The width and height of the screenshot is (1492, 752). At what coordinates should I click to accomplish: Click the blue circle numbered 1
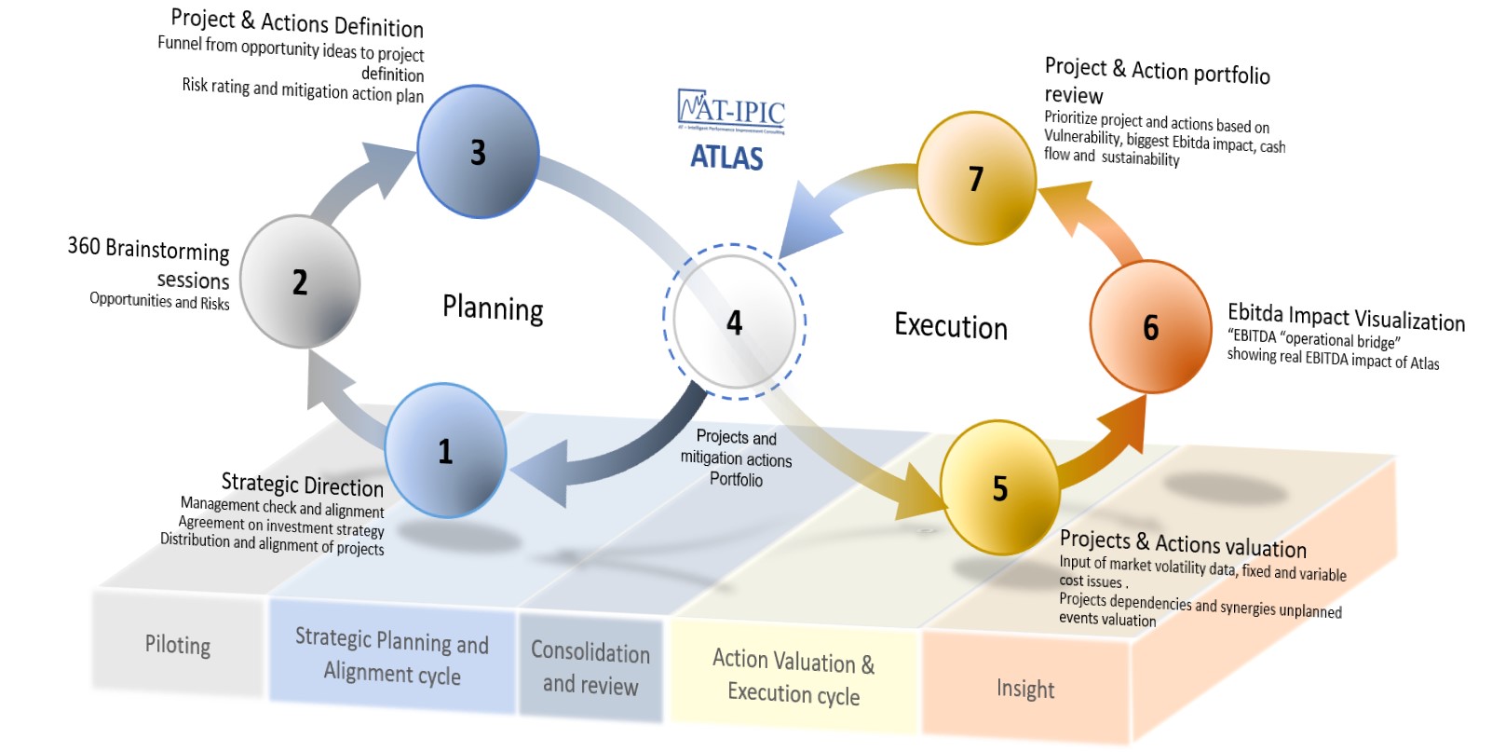click(x=445, y=451)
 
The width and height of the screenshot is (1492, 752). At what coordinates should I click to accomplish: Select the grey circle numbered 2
click(x=300, y=281)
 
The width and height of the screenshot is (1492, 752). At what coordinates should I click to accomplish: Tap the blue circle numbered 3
click(x=478, y=152)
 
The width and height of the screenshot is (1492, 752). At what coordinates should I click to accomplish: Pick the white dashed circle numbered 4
click(x=735, y=322)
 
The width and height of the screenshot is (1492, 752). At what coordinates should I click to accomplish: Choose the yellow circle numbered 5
click(x=999, y=487)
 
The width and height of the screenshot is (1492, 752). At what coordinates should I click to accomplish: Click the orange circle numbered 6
click(x=1151, y=327)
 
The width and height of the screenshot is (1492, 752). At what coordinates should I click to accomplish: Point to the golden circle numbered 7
click(x=976, y=178)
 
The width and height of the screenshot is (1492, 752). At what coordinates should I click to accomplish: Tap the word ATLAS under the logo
click(x=726, y=157)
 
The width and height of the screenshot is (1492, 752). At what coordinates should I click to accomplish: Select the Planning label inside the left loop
click(x=493, y=308)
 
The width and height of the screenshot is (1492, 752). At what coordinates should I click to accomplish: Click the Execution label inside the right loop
click(x=951, y=326)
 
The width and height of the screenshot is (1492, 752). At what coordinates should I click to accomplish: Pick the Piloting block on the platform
click(x=177, y=645)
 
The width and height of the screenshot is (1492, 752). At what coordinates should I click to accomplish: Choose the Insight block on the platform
click(x=1025, y=690)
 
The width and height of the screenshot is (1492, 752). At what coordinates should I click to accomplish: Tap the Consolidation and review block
click(x=590, y=668)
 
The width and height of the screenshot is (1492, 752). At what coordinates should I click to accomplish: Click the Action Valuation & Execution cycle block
click(x=793, y=677)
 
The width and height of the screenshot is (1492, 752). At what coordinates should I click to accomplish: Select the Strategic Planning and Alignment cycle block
click(x=392, y=656)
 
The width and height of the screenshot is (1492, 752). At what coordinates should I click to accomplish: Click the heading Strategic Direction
click(x=302, y=485)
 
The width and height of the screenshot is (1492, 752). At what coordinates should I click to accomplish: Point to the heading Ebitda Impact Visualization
click(x=1346, y=317)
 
